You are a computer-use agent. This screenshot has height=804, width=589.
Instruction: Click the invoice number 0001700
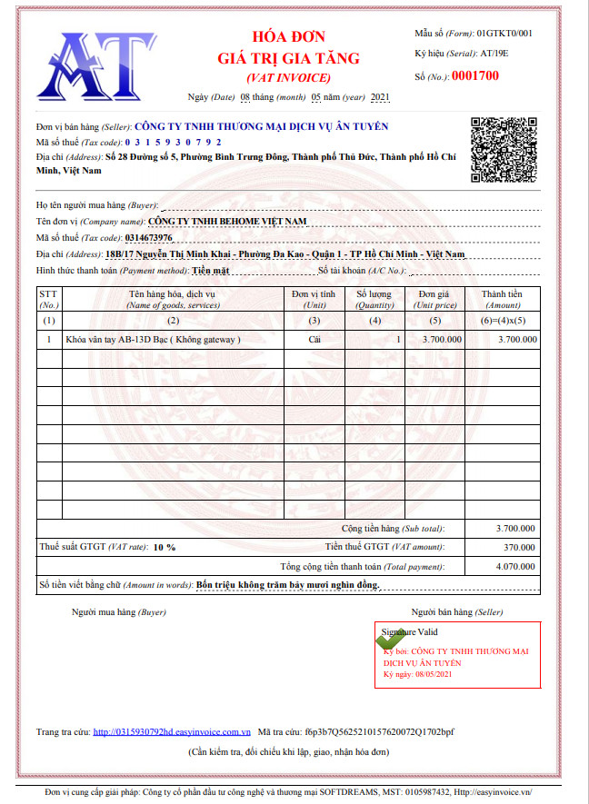click(475, 75)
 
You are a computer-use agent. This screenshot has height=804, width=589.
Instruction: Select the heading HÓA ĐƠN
click(288, 38)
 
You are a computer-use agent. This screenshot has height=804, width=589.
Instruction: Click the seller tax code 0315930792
click(173, 143)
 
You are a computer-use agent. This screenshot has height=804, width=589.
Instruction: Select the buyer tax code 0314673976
click(148, 238)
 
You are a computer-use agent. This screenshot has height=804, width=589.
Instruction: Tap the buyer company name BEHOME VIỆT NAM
click(227, 221)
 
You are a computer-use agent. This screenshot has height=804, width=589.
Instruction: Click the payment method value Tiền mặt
click(210, 271)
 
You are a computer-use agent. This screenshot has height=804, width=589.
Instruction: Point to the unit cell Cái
click(314, 339)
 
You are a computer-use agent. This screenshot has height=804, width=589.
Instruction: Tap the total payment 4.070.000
click(515, 566)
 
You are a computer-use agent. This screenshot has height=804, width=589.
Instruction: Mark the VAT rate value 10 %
click(165, 547)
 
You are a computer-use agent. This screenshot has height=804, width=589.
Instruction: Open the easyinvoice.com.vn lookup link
click(172, 730)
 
